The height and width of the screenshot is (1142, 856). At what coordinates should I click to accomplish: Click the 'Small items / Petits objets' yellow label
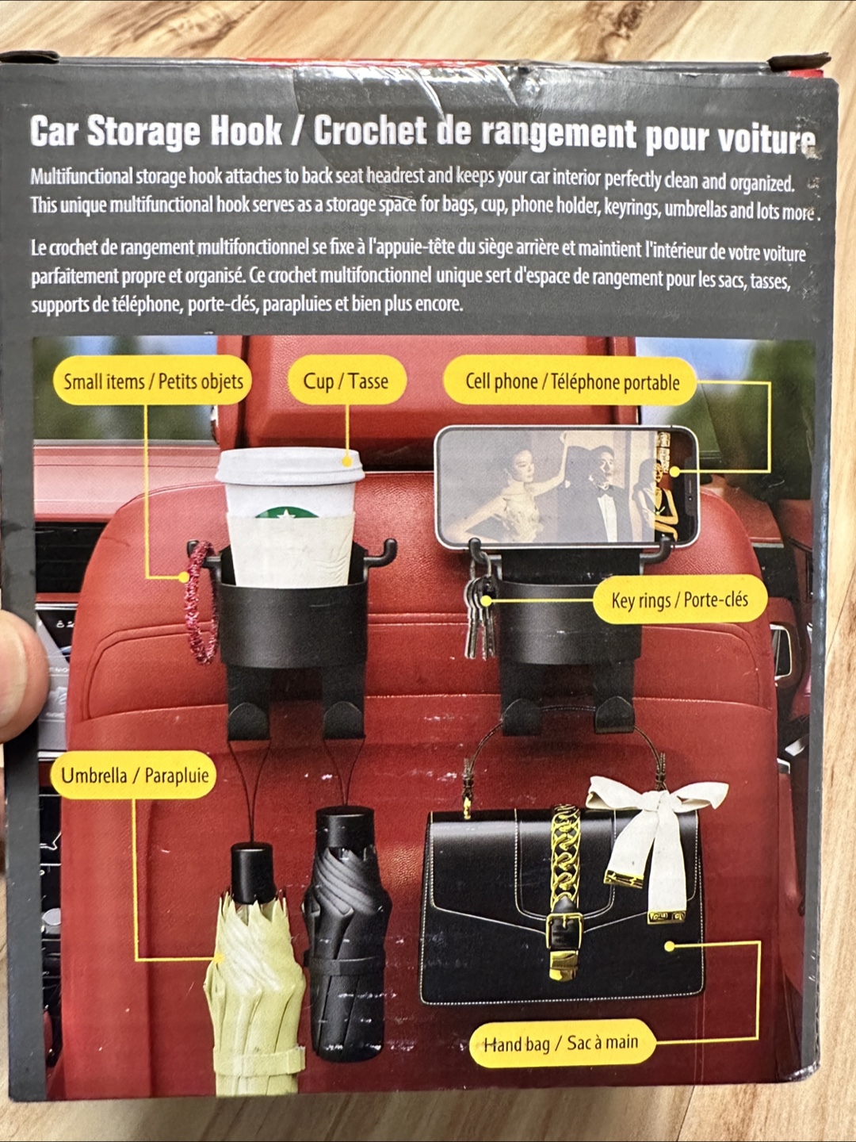pyautogui.click(x=152, y=381)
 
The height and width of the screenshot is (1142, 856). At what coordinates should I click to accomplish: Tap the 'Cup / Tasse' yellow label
pyautogui.click(x=346, y=381)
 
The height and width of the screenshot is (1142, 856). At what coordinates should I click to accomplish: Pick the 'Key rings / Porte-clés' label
pyautogui.click(x=679, y=600)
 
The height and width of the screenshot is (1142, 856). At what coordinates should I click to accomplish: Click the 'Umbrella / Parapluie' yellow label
pyautogui.click(x=134, y=775)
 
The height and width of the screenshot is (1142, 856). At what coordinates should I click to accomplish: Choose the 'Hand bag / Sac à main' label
pyautogui.click(x=561, y=1041)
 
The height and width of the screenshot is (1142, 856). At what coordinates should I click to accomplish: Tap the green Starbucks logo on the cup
pyautogui.click(x=286, y=512)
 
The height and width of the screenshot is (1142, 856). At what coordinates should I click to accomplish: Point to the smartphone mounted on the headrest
pyautogui.click(x=566, y=487)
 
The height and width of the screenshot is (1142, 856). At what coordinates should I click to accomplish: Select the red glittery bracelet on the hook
pyautogui.click(x=199, y=603)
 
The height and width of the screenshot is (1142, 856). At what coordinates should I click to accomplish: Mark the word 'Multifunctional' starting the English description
pyautogui.click(x=82, y=177)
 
